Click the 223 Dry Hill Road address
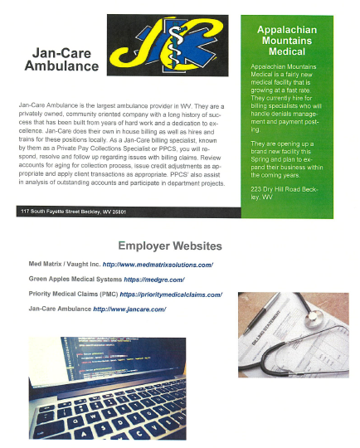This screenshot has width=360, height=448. tap(284, 195)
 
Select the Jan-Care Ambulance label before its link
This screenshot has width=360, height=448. tap(60, 309)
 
